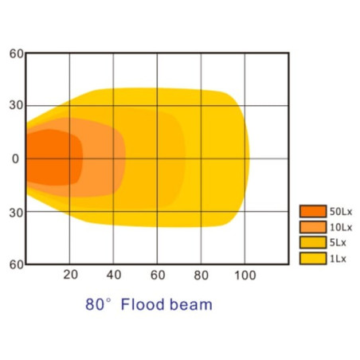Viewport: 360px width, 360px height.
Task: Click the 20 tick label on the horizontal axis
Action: (70, 275)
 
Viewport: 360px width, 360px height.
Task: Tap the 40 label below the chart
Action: (114, 275)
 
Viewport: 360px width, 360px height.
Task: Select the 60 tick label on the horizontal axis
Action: (158, 275)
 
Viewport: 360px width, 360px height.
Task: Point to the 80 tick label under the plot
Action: (201, 275)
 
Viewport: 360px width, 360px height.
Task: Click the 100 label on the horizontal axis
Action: (245, 275)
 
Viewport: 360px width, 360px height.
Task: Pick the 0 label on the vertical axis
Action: (16, 158)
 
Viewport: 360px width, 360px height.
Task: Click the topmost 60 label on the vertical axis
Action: (17, 53)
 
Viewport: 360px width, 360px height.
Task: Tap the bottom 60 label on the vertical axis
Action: (17, 264)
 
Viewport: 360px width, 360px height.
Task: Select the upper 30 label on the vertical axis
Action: (17, 105)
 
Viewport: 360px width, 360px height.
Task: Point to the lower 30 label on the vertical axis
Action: (17, 213)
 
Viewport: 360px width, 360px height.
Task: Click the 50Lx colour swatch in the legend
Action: (313, 211)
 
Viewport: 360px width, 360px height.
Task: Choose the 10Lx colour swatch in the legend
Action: (313, 227)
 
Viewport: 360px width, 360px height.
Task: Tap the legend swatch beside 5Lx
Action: (313, 242)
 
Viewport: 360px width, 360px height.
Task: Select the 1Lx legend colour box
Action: (313, 258)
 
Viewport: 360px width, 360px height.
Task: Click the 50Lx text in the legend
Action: (341, 212)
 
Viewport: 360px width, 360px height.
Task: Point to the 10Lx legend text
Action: (341, 227)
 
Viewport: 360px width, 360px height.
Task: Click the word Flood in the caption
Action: (143, 304)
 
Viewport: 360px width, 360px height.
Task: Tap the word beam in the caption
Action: (191, 304)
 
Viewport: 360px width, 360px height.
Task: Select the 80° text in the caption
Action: (98, 304)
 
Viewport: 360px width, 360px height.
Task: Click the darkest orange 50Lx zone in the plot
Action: (53, 158)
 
